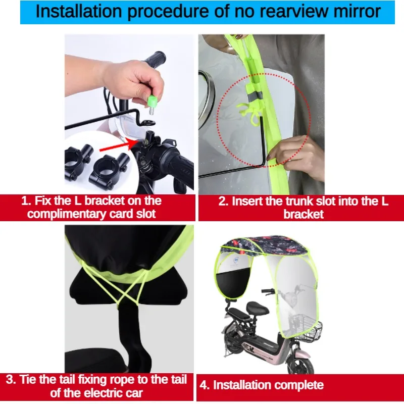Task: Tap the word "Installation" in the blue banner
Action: click(x=79, y=11)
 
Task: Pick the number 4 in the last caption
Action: click(x=203, y=385)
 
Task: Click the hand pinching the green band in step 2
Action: click(x=296, y=155)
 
